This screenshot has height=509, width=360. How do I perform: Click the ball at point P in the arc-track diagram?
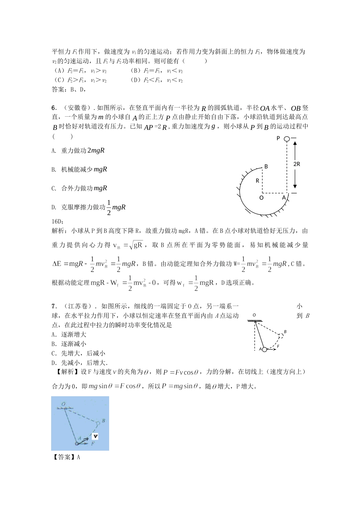tap(287, 139)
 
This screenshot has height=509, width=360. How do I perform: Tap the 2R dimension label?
tap(297, 164)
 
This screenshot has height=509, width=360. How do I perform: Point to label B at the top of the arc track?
tap(266, 166)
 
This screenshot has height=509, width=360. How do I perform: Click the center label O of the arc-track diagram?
tap(261, 197)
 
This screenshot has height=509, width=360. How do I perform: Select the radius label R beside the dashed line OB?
tap(257, 181)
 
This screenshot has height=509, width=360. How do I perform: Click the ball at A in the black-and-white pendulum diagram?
tap(265, 349)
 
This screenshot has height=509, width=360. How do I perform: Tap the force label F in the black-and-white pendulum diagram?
tap(278, 346)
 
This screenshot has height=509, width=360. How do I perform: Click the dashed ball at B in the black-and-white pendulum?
tap(281, 335)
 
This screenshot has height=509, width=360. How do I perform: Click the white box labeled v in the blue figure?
tap(95, 436)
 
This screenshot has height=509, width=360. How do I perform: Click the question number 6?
tap(54, 108)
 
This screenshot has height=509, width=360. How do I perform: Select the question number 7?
tap(54, 306)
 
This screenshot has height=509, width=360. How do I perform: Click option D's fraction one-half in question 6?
tap(109, 207)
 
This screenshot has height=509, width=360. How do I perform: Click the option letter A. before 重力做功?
tap(54, 151)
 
